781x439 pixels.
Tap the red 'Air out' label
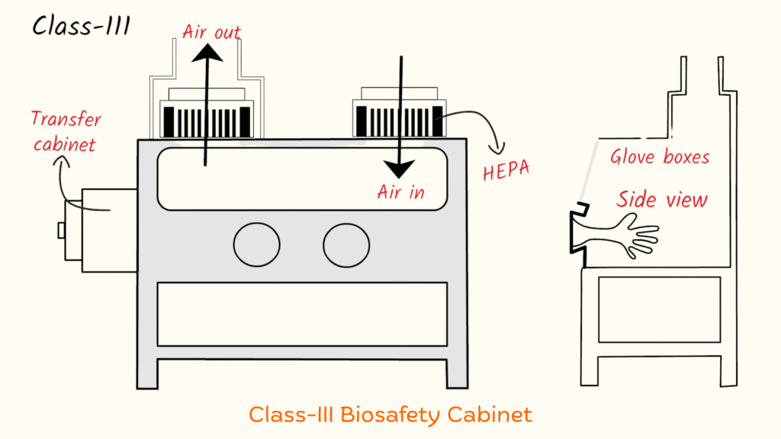pyautogui.click(x=211, y=32)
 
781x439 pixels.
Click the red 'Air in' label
pyautogui.click(x=400, y=192)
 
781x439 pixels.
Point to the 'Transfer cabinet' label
pyautogui.click(x=66, y=130)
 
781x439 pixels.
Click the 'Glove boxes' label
pyautogui.click(x=660, y=157)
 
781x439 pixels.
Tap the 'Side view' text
pyautogui.click(x=662, y=199)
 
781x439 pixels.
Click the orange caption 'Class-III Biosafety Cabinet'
pyautogui.click(x=390, y=415)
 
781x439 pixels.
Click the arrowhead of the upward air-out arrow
pyautogui.click(x=206, y=52)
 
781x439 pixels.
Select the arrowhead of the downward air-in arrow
pyautogui.click(x=398, y=165)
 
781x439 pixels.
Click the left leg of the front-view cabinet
pyautogui.click(x=147, y=373)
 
